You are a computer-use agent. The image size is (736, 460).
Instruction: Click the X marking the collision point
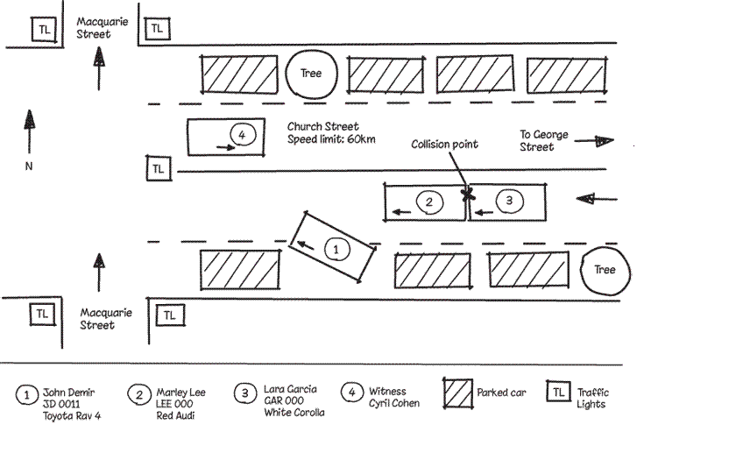pos(468,194)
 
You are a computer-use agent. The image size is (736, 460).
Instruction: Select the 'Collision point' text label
pos(445,144)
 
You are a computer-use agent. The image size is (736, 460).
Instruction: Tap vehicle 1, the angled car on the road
pos(333,247)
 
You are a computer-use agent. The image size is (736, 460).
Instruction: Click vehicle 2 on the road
pos(426,203)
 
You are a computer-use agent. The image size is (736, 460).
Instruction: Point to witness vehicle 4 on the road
pos(226,138)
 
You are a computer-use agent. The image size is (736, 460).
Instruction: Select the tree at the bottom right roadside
pos(605,270)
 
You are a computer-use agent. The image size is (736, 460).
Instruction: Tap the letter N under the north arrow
pos(28,167)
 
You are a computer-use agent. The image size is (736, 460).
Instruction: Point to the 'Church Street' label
pos(323,126)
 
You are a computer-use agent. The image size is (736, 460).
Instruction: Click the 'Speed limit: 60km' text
pos(332,139)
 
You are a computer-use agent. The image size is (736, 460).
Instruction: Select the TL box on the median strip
pos(157,167)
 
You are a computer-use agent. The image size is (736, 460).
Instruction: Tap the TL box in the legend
pos(557,393)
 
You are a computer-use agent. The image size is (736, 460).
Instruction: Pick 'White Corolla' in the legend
pos(294,412)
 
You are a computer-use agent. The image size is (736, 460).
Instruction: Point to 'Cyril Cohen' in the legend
pos(394,403)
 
